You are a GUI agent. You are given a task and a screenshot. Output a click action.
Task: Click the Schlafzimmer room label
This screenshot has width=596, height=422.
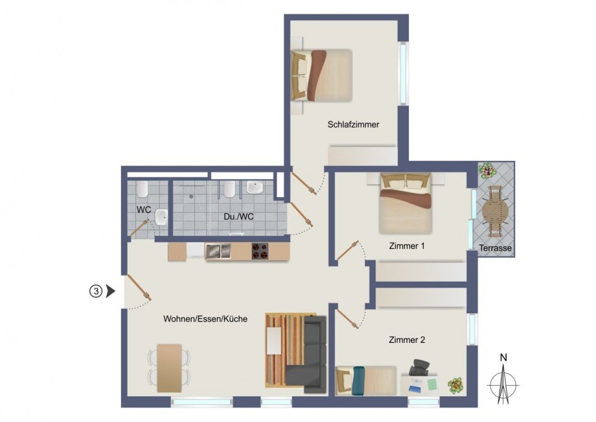tap(353, 124)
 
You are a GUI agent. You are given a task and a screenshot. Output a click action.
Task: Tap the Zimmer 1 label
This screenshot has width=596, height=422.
tap(407, 246)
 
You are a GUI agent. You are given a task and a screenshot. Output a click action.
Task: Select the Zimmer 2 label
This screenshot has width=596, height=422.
tap(407, 339)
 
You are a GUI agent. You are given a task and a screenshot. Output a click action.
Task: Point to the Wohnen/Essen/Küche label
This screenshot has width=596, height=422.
tap(205, 319)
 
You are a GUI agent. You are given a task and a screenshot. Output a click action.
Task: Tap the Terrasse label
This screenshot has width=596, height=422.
tap(496, 248)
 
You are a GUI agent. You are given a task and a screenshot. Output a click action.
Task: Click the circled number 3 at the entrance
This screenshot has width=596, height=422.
tap(95, 292)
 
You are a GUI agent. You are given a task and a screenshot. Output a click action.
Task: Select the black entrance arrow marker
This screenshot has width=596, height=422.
tap(110, 292)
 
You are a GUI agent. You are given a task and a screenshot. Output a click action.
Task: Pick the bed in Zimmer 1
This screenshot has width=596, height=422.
tap(406, 202)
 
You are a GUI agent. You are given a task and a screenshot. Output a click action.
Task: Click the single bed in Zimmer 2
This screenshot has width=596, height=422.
tap(366, 380)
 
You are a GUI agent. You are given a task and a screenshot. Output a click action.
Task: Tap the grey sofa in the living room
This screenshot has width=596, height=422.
tap(311, 357)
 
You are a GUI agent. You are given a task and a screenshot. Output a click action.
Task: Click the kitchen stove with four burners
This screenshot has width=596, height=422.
tap(260, 252)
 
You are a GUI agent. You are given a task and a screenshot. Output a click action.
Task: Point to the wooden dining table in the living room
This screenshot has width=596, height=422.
tap(170, 368)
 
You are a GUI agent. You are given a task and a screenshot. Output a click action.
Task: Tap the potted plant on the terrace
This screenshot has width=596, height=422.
tap(487, 170)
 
